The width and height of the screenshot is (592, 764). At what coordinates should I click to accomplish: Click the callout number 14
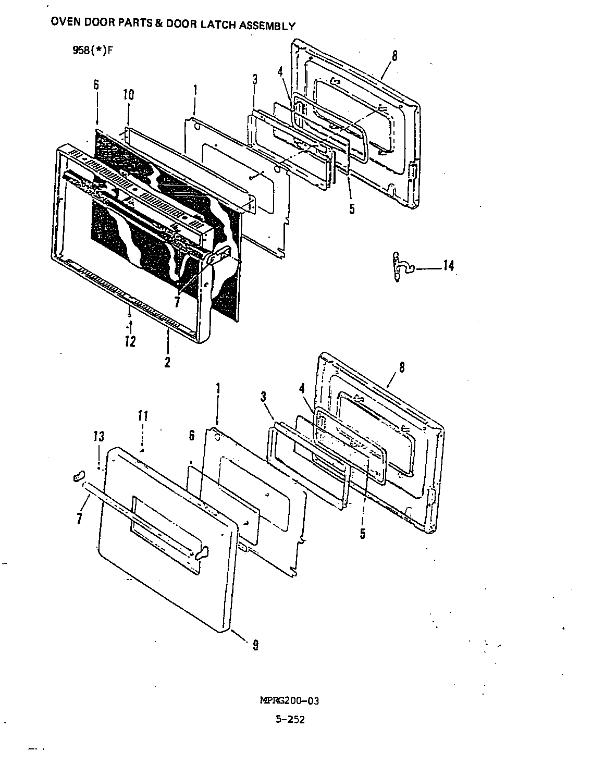coord(448,266)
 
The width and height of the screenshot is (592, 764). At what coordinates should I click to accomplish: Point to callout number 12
coord(130,342)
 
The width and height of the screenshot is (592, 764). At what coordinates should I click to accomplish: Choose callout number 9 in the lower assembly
coord(255,645)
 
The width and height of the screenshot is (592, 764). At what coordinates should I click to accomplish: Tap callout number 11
coord(143,416)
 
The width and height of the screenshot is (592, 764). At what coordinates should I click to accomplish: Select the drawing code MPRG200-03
coord(289,700)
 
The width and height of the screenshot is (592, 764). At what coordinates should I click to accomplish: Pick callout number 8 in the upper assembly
coord(394,56)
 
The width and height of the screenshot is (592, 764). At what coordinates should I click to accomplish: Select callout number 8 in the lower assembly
coord(401,367)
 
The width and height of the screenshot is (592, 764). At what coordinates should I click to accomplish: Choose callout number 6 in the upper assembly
coord(96,85)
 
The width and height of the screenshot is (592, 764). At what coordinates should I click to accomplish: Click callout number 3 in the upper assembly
coord(254,80)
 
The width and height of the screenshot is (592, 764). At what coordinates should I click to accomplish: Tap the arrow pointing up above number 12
coord(130,327)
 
